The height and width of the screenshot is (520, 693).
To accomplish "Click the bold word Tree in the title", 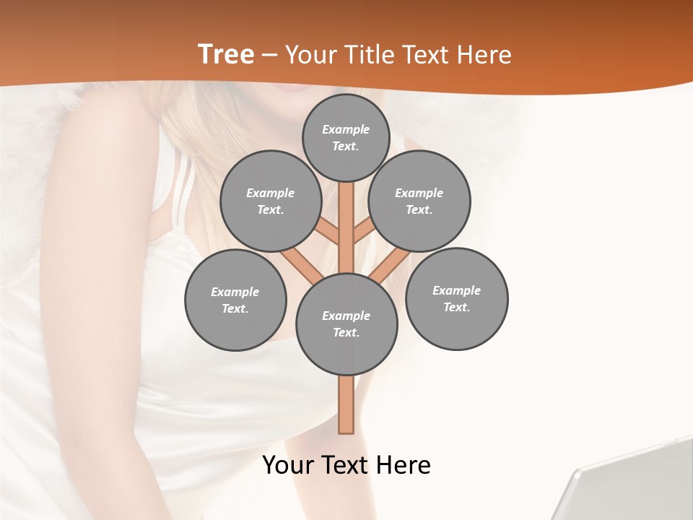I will [x=226, y=55].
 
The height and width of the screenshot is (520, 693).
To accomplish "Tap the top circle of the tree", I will [x=346, y=137].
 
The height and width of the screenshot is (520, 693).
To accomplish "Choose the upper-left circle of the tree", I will [x=270, y=201].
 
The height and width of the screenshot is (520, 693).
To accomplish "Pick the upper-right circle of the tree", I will [x=419, y=201].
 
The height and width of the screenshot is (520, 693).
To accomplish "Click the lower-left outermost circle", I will [x=235, y=300].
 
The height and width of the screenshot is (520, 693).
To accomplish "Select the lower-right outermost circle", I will [x=457, y=298].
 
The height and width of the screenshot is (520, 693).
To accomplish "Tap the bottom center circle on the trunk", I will [x=346, y=324].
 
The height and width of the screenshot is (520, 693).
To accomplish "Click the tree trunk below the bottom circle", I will [x=346, y=404].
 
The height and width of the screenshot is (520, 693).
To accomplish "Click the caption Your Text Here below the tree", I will [x=346, y=465].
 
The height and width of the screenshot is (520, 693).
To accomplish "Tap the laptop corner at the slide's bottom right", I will [x=635, y=484].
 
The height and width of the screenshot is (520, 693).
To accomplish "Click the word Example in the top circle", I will [x=346, y=129].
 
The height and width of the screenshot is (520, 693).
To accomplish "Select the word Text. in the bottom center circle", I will [x=346, y=333].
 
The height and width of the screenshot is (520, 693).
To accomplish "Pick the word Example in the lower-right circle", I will [x=456, y=290].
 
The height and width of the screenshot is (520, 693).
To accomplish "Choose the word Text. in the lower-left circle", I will [x=235, y=309].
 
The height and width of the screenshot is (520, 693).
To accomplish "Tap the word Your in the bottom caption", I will [x=287, y=465].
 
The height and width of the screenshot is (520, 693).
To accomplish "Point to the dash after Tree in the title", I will [x=269, y=56].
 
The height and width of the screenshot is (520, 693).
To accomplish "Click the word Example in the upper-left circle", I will [x=270, y=193].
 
